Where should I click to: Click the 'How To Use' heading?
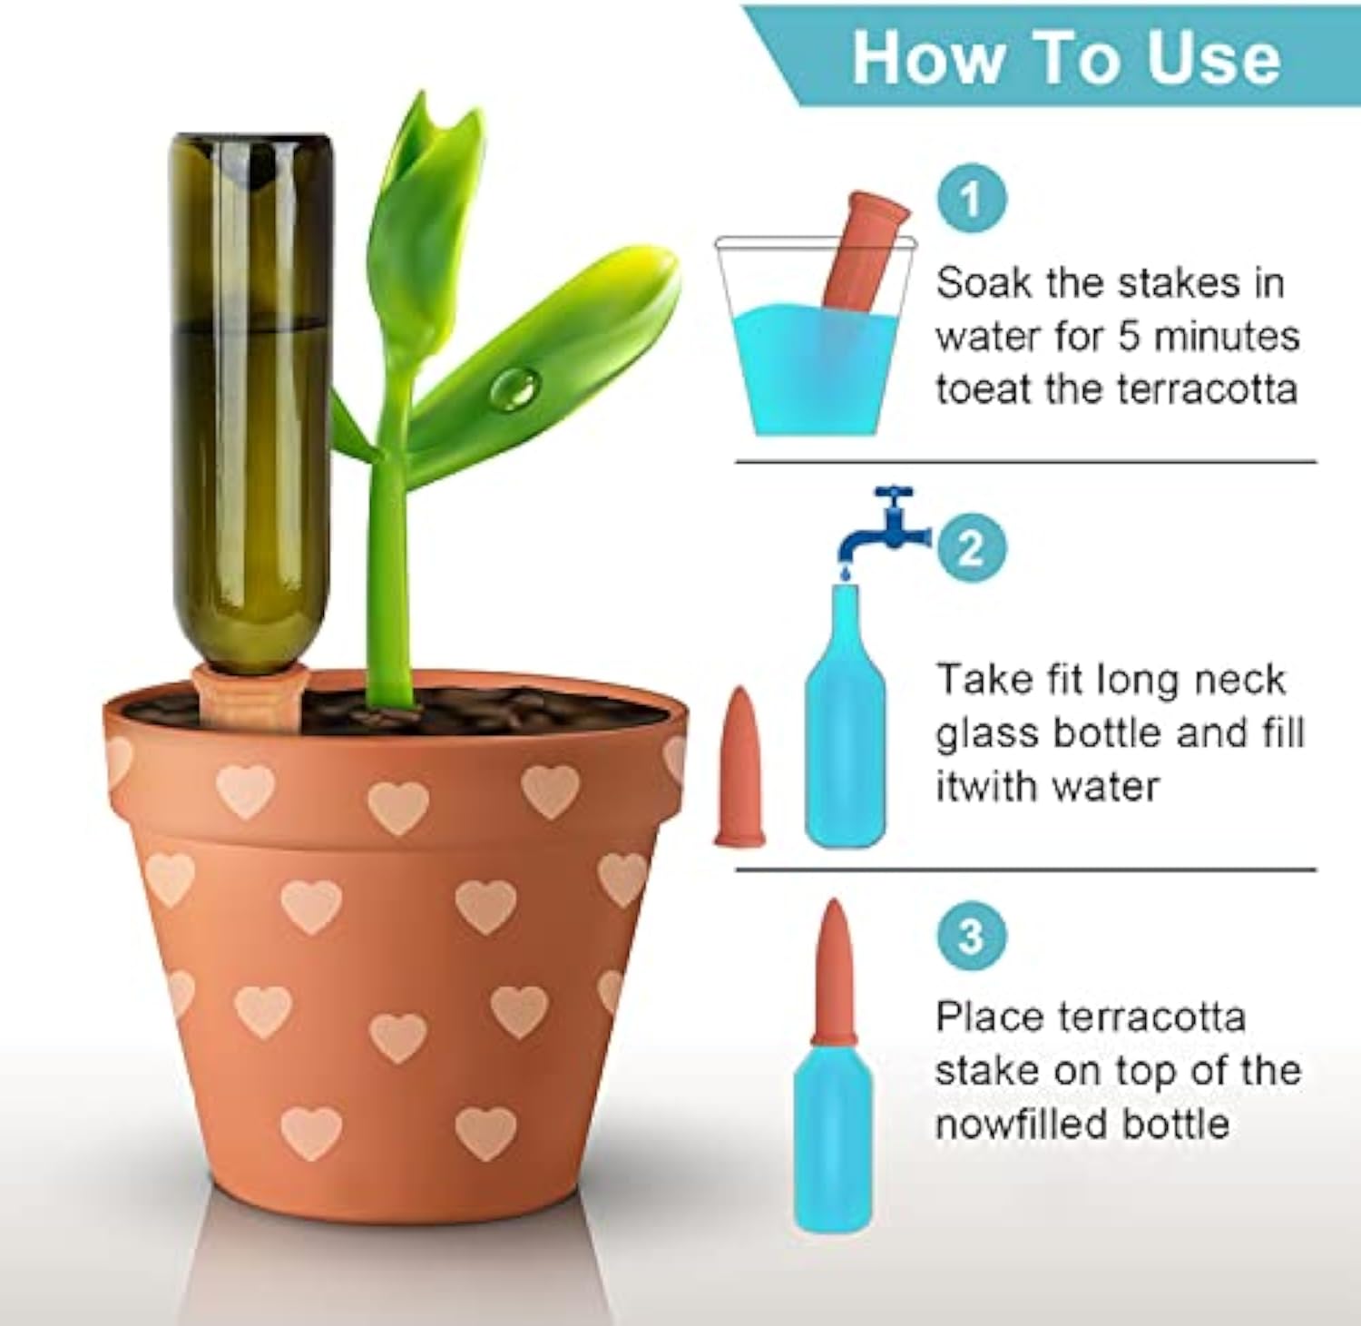[1065, 57]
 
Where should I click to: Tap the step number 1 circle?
[971, 199]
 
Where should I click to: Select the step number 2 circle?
[971, 548]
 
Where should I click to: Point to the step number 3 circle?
[971, 935]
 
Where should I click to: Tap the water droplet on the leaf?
[515, 388]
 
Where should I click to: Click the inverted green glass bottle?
[251, 390]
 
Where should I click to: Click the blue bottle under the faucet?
[845, 726]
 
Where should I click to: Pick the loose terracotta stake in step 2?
[740, 767]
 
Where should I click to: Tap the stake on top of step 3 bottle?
[833, 971]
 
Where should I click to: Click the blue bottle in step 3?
[833, 1134]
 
